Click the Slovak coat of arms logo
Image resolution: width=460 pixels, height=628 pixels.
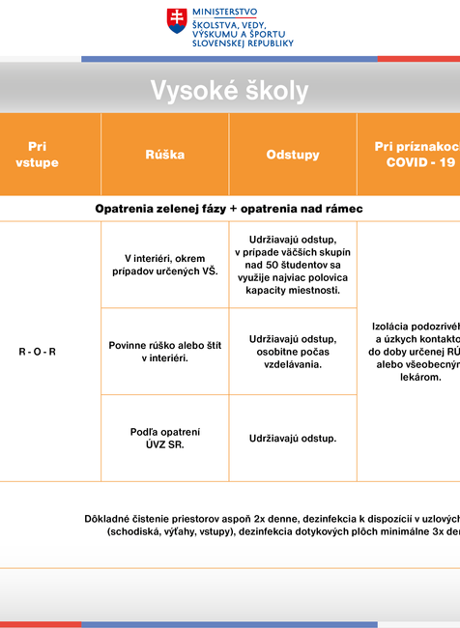[x=177, y=21]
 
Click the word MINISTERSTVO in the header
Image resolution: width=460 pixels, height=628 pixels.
[x=225, y=11]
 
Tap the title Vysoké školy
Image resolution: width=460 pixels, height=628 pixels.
[x=229, y=91]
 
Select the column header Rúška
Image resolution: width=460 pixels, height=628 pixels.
[x=164, y=155]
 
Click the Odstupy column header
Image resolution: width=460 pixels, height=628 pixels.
[x=293, y=155]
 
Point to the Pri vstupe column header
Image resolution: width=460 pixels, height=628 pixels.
[x=38, y=155]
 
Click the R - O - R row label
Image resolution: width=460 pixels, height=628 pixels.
[x=38, y=352]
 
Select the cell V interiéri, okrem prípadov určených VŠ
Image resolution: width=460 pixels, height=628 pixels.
[x=165, y=264]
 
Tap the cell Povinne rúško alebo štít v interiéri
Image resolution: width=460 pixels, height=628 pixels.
[x=165, y=351]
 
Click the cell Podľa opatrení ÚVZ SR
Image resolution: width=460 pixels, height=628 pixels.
[x=165, y=438]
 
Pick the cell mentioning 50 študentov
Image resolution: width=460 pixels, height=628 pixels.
[x=293, y=264]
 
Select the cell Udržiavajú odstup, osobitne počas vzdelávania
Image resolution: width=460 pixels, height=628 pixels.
[x=293, y=351]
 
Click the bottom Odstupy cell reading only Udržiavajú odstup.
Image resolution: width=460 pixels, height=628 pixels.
[x=293, y=439]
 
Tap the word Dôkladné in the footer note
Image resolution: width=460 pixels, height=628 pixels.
[x=108, y=519]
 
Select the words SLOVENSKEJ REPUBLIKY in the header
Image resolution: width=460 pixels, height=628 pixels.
[x=243, y=43]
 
